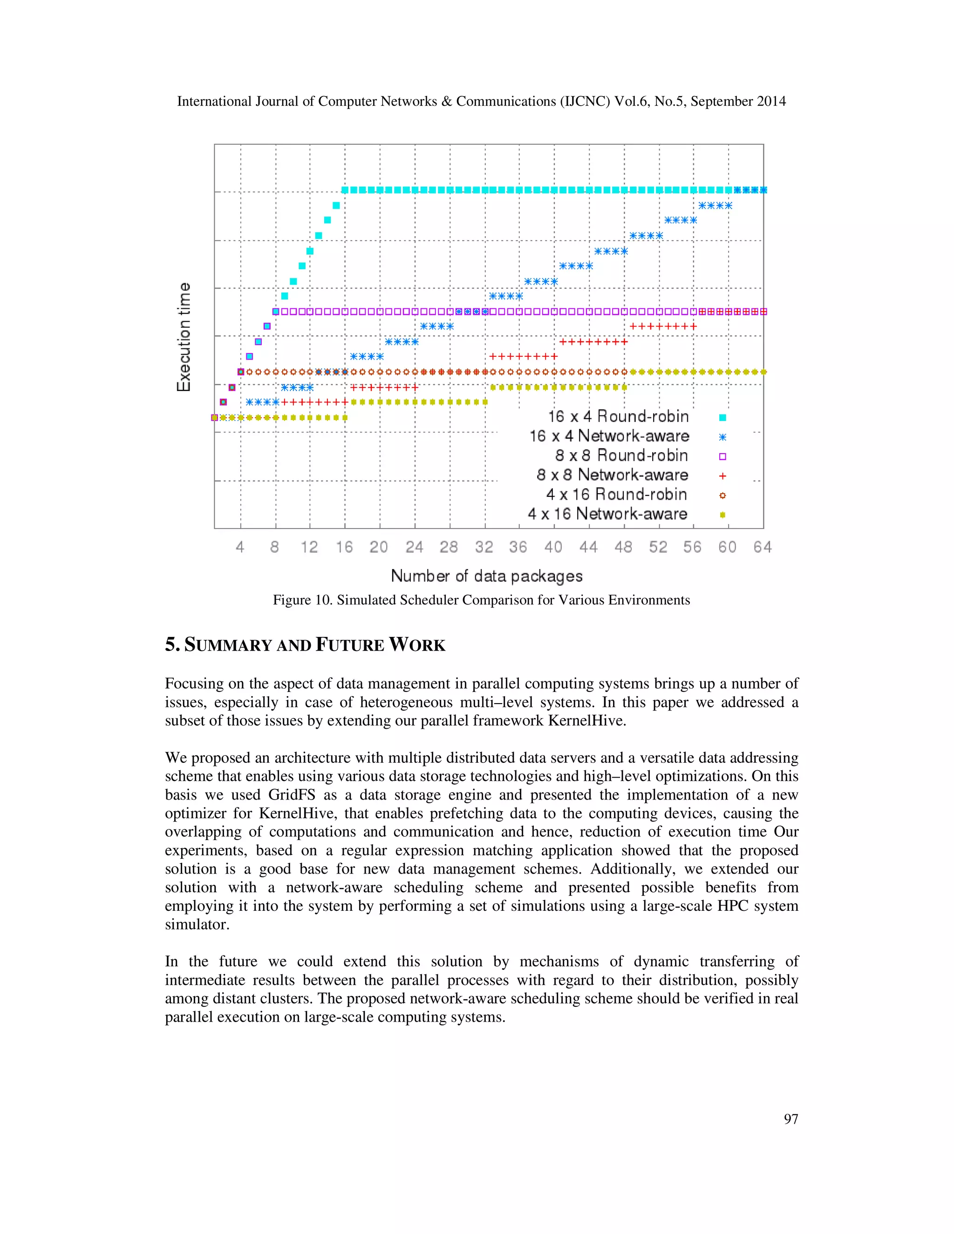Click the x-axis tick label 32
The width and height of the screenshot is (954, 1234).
[484, 547]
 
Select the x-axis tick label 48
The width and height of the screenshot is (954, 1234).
[623, 547]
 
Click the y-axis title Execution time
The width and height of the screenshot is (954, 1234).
[184, 337]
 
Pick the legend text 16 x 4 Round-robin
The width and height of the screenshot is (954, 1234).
[618, 416]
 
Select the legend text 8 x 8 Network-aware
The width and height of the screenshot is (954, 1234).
[612, 475]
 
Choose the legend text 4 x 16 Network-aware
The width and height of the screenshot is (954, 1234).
[607, 514]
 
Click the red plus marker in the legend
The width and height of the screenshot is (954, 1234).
[722, 476]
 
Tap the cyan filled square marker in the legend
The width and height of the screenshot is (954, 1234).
[722, 418]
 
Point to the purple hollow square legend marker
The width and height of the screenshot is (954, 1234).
[722, 456]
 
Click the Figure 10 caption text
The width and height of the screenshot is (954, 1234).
[481, 600]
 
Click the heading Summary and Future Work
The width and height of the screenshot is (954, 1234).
[305, 644]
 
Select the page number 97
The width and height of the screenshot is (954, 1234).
[790, 1119]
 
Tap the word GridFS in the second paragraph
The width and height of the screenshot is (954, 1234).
[291, 795]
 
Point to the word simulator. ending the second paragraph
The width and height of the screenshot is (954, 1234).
[197, 925]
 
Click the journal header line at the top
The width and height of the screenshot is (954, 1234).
[481, 101]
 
